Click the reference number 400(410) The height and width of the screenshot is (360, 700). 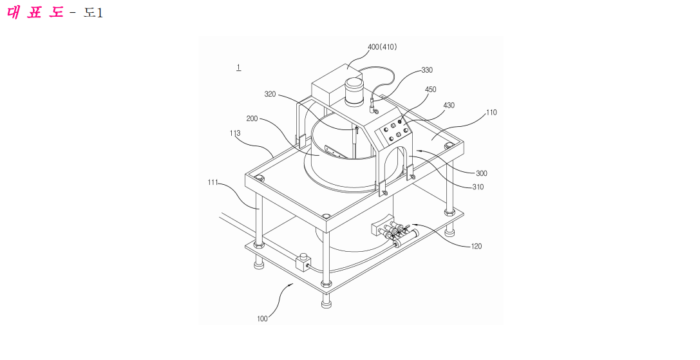382,47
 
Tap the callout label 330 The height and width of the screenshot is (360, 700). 427,70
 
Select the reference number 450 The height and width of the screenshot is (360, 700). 430,90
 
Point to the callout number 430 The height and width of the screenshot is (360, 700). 449,106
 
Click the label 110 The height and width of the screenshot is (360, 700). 491,113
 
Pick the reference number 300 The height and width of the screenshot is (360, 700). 481,173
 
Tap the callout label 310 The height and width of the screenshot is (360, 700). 478,187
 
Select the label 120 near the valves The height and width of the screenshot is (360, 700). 477,246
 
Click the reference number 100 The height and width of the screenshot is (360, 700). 262,318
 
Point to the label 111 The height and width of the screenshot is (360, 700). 213,182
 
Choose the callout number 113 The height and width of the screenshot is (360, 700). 235,133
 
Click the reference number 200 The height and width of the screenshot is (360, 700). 252,118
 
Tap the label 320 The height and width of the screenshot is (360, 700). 270,94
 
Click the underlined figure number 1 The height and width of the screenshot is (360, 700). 239,68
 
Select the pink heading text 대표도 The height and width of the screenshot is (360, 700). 35,12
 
